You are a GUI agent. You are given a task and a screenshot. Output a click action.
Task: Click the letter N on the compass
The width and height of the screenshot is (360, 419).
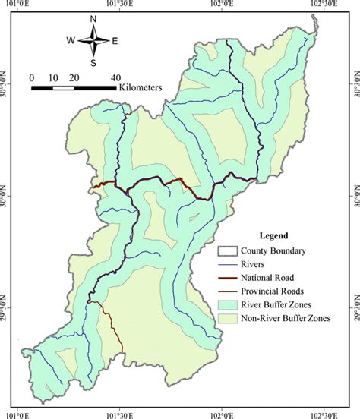(x=93, y=19)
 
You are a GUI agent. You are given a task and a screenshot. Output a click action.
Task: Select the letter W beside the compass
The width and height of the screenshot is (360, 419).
(x=71, y=41)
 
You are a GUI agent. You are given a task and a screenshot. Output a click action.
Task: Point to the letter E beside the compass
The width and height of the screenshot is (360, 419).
(x=115, y=41)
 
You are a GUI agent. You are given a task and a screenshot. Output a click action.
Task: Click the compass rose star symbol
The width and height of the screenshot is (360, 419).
(x=93, y=40)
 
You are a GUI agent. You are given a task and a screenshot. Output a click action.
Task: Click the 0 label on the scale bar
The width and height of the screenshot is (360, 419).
(x=33, y=77)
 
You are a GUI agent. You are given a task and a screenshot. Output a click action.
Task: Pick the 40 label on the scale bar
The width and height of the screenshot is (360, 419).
(x=115, y=77)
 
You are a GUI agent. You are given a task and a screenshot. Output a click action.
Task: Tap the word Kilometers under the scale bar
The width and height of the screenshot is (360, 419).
(x=141, y=88)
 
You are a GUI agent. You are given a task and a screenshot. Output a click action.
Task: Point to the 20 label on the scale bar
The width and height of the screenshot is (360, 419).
(x=74, y=77)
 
